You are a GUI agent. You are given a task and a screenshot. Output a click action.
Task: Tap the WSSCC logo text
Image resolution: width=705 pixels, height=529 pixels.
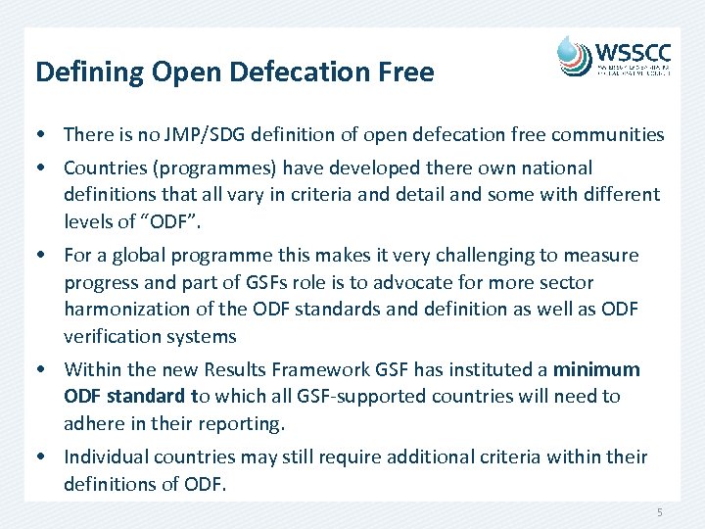635,51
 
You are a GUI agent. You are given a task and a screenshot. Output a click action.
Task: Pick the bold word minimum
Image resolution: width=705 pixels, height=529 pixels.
596,369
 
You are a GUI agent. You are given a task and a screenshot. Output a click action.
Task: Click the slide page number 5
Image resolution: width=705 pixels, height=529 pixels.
660,513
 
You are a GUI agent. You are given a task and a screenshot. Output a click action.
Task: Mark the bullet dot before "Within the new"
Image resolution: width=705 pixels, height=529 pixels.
46,370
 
